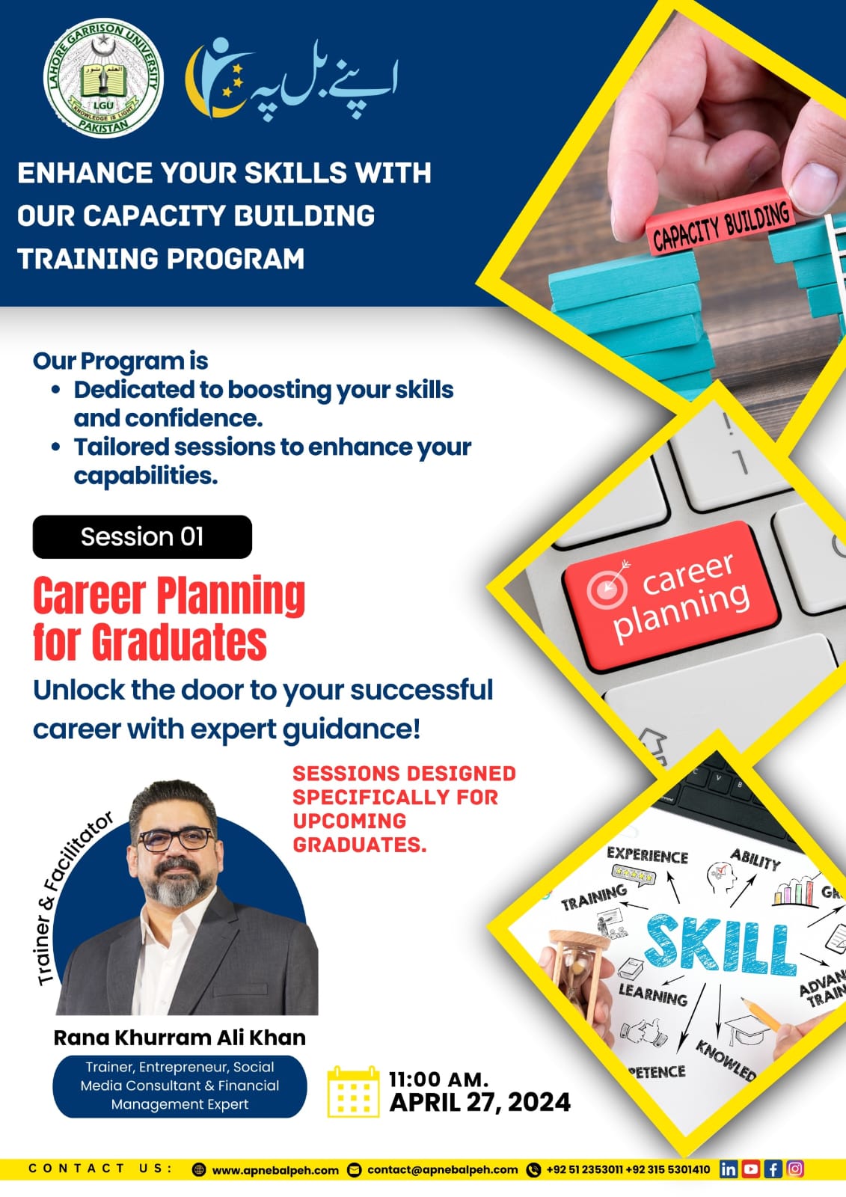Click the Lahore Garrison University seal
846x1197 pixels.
[103, 78]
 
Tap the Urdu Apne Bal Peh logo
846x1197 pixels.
[291, 79]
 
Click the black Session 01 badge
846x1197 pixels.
[142, 536]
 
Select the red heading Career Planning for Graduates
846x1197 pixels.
[169, 618]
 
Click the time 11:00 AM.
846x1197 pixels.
[438, 1079]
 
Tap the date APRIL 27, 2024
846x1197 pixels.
[480, 1103]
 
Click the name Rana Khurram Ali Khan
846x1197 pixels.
[180, 1037]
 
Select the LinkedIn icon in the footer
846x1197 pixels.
[728, 1169]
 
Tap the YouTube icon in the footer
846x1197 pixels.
[750, 1169]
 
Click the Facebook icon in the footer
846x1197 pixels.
[773, 1169]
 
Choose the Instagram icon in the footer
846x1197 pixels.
[795, 1169]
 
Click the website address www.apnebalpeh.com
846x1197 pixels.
[276, 1170]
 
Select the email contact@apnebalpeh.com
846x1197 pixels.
[443, 1170]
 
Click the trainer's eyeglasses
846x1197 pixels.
[176, 839]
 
